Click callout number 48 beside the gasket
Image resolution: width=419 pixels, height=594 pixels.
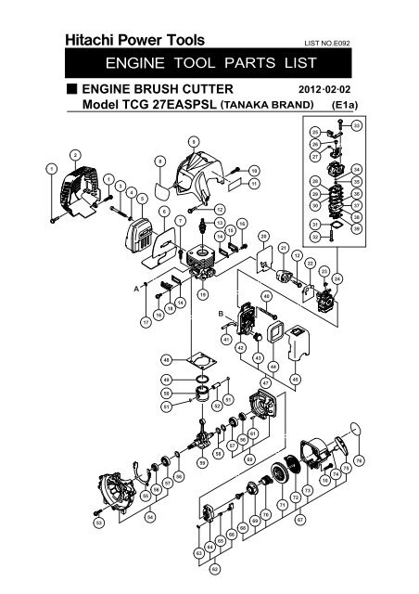pos(165,358)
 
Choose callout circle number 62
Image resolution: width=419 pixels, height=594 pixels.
pos(214,568)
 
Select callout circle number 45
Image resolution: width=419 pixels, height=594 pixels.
pos(295,377)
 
